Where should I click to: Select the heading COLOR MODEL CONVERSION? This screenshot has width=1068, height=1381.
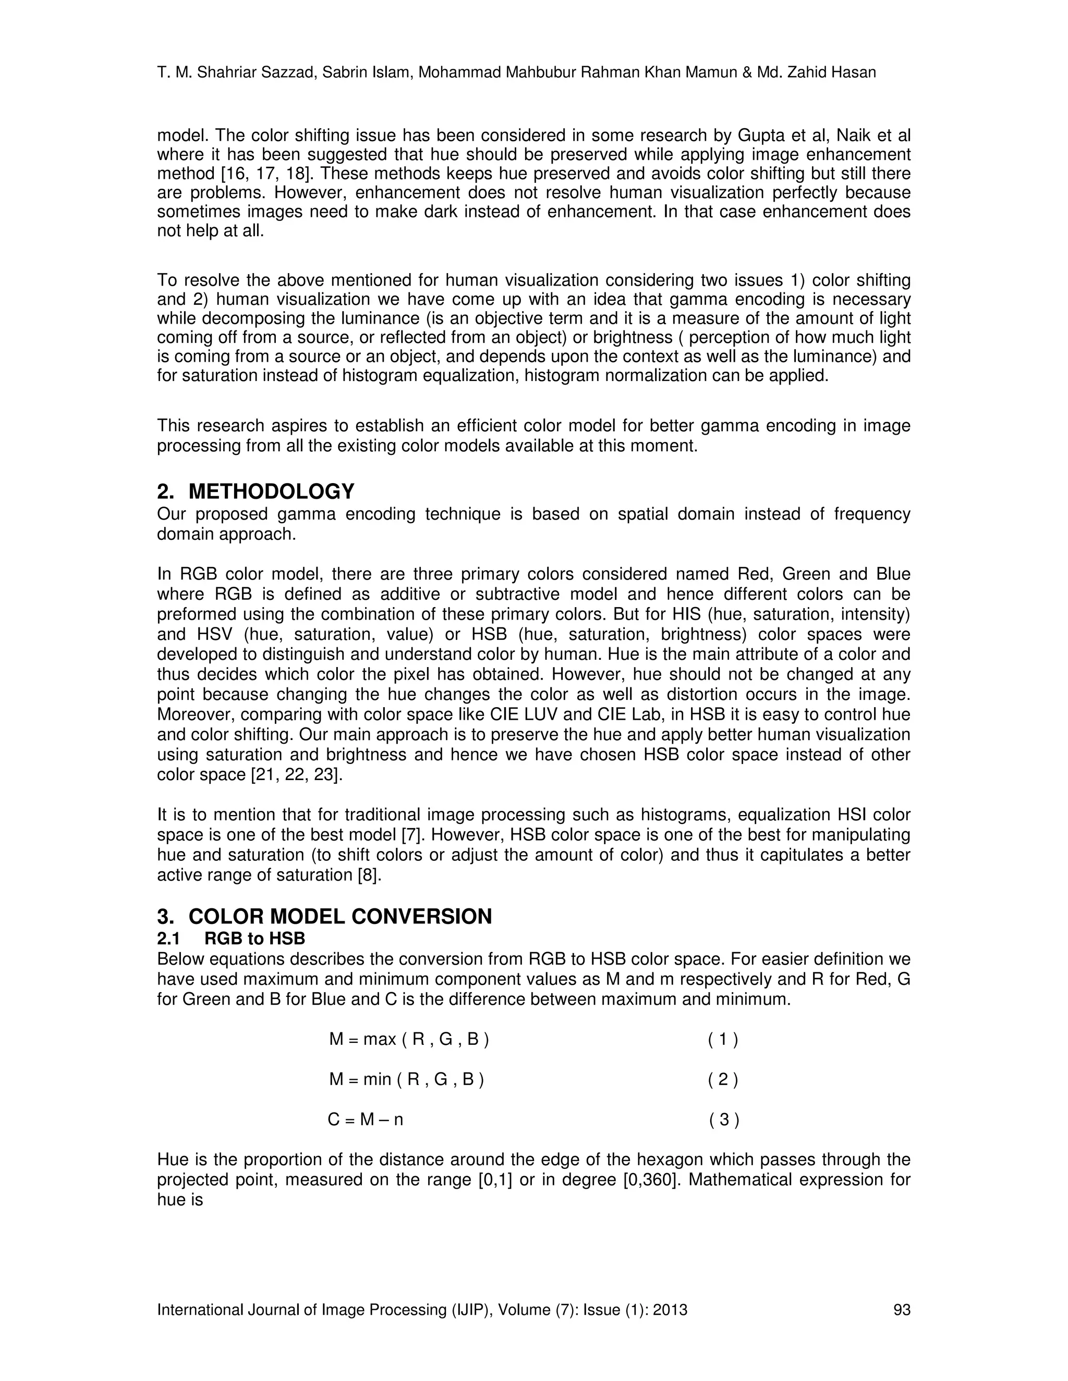(340, 916)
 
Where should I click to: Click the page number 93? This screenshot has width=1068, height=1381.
(902, 1310)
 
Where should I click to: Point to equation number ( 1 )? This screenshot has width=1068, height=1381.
(723, 1039)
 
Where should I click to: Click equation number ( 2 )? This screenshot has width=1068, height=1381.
(723, 1079)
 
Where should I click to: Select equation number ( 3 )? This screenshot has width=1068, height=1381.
(724, 1120)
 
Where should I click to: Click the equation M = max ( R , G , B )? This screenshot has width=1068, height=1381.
(409, 1039)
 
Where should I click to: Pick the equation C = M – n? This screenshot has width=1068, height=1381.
(365, 1120)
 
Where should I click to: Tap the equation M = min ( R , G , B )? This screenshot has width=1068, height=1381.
(406, 1079)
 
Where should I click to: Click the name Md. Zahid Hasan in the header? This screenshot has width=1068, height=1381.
(816, 73)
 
